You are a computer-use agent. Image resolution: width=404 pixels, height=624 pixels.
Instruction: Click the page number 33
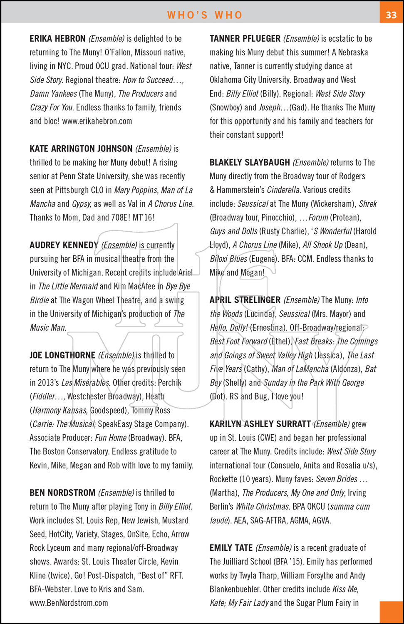point(391,15)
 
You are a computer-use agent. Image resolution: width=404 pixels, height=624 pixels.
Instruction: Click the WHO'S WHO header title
point(205,15)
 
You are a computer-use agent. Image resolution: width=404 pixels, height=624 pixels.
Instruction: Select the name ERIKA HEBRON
point(57,39)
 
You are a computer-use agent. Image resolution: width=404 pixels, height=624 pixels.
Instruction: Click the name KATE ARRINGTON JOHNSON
point(81,149)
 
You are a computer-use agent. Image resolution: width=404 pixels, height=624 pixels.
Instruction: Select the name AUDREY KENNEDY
point(64,245)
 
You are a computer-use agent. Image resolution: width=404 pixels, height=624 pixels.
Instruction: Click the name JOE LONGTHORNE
point(62,355)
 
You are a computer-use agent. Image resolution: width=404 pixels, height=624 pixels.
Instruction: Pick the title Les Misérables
point(86,383)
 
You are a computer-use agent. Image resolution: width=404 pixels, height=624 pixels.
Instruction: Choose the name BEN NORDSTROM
point(62,493)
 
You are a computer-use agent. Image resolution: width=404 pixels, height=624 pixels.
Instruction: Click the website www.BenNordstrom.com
point(69,603)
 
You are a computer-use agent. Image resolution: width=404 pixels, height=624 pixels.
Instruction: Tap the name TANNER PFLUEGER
point(245,39)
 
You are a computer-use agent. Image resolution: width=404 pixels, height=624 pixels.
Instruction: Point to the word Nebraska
point(353,52)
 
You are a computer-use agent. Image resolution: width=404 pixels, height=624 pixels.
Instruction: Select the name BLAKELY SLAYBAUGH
point(250,162)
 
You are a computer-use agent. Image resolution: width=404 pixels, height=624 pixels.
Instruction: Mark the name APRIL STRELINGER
point(245,300)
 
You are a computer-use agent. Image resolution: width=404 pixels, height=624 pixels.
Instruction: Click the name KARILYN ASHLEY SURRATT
point(260,424)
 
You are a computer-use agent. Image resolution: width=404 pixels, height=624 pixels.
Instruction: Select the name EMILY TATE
point(231,548)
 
